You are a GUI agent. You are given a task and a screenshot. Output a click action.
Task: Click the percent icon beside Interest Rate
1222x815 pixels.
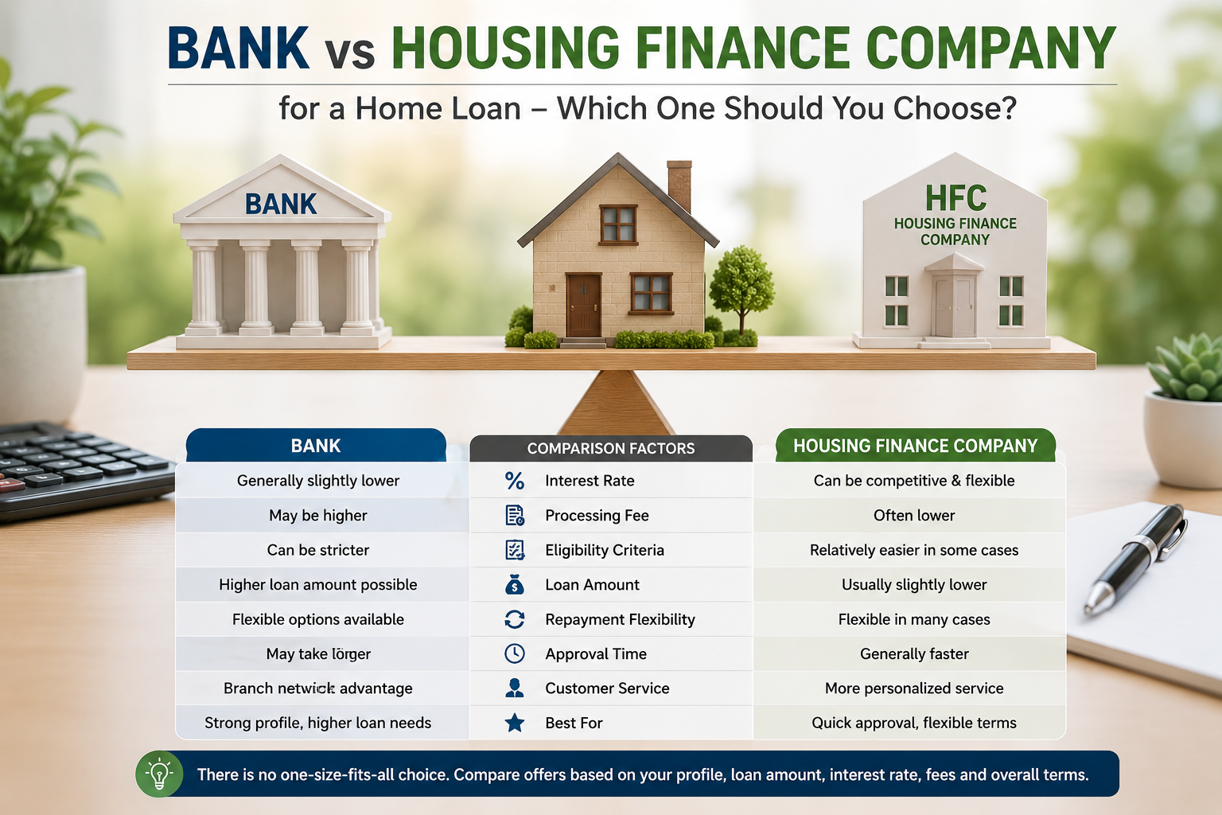click(x=515, y=481)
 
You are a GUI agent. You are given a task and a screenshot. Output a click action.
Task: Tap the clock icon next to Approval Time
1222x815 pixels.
click(x=515, y=653)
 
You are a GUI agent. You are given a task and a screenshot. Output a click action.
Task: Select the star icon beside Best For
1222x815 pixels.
click(x=515, y=723)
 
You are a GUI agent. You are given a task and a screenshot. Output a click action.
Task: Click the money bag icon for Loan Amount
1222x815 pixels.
click(x=515, y=584)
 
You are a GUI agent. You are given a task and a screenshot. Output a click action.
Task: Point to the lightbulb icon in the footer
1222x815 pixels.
click(x=159, y=774)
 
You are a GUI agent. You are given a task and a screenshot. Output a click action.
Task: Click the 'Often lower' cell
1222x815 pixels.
click(x=914, y=515)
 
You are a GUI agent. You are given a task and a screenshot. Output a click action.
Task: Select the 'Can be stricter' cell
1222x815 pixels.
click(x=318, y=550)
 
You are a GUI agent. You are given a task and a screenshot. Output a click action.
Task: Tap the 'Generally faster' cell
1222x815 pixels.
click(x=914, y=653)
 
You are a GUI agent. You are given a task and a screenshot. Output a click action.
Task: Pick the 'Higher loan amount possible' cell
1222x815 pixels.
click(x=318, y=585)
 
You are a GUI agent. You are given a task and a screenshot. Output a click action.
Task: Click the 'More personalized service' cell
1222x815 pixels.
click(x=914, y=688)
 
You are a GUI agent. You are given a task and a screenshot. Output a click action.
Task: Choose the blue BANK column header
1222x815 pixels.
click(x=316, y=446)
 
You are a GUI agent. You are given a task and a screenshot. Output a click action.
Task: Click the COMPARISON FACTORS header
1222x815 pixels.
click(x=611, y=448)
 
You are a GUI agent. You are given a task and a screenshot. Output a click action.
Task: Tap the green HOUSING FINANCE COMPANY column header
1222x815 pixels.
click(x=916, y=446)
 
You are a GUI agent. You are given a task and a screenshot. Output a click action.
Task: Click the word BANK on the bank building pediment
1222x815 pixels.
click(x=281, y=205)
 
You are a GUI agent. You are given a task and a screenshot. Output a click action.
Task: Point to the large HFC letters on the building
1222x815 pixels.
click(x=955, y=197)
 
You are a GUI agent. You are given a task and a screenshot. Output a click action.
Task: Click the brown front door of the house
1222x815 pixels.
click(x=583, y=306)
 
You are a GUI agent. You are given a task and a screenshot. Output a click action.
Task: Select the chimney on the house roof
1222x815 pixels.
click(x=679, y=185)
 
